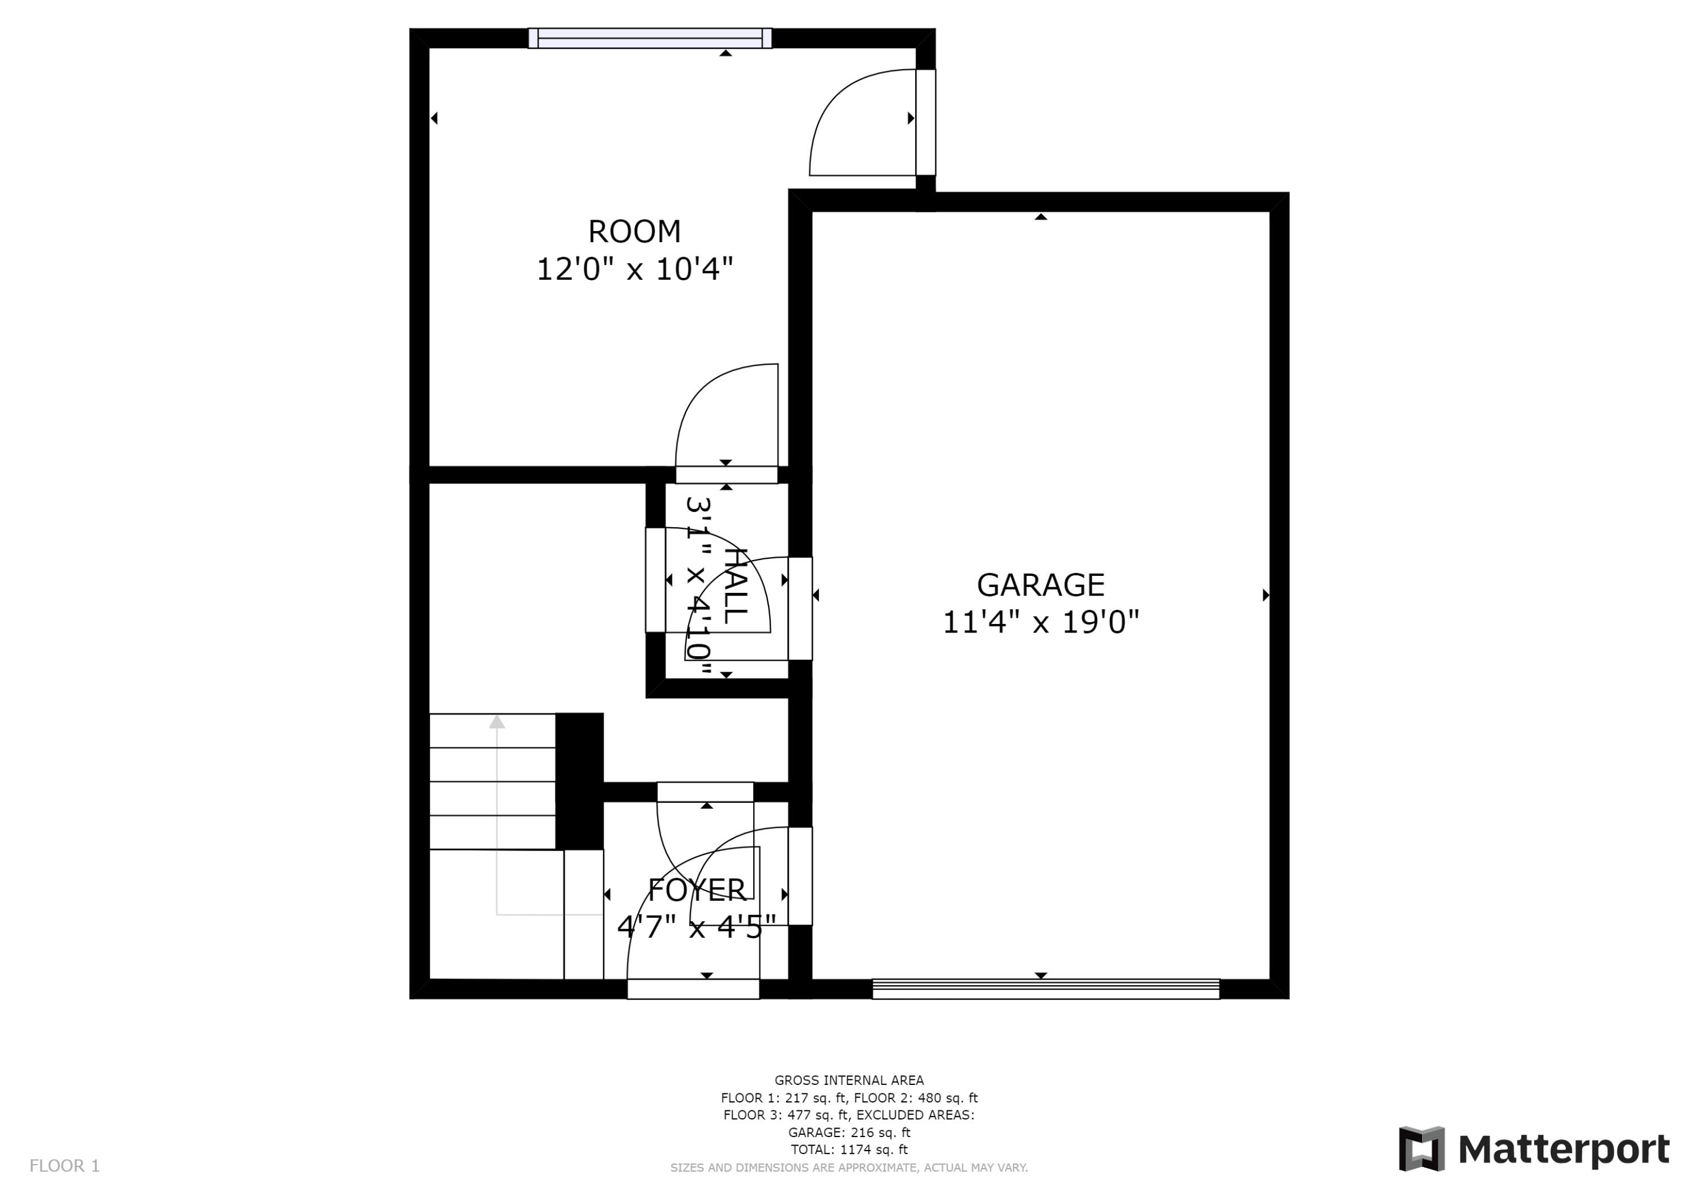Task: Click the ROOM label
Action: [x=634, y=232]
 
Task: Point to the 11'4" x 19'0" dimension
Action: [x=1040, y=622]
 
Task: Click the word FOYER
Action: [x=697, y=890]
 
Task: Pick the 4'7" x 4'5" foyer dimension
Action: [x=697, y=926]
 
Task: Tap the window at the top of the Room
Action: [x=650, y=38]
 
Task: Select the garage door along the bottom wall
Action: [x=1045, y=989]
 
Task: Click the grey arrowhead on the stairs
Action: [x=497, y=721]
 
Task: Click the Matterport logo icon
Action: [x=1421, y=1149]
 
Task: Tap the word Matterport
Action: [x=1563, y=1150]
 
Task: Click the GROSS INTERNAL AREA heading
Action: [x=849, y=1080]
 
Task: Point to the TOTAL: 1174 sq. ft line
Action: [x=849, y=1150]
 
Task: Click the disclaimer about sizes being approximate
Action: [x=849, y=1168]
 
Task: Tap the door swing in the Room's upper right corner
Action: [x=862, y=126]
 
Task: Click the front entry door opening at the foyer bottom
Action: [x=693, y=989]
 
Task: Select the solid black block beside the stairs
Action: [x=579, y=781]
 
